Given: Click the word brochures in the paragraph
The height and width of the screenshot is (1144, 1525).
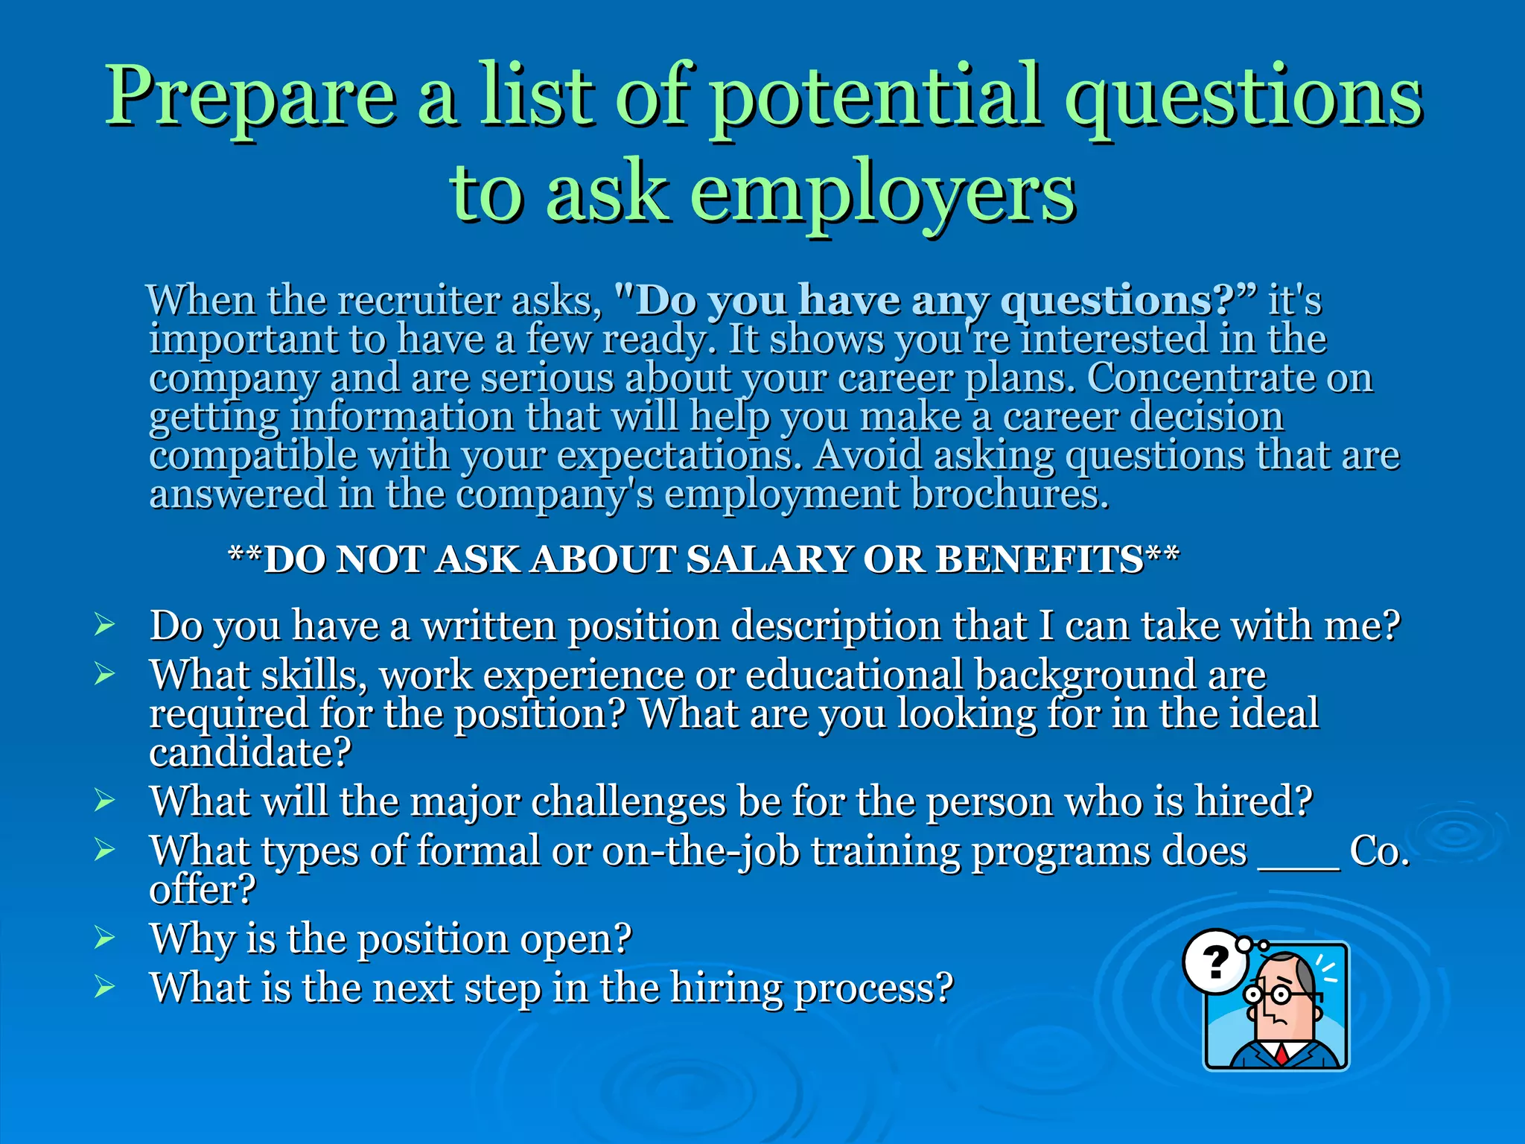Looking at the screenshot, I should [x=1009, y=494].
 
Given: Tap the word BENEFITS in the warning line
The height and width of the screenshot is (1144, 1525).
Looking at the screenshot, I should [x=1039, y=559].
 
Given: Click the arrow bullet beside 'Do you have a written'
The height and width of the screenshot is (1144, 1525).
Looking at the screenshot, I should [x=104, y=624].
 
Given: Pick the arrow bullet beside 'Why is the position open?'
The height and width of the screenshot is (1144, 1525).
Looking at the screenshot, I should [x=104, y=938].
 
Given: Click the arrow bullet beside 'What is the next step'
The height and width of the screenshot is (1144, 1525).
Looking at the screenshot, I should [x=104, y=987].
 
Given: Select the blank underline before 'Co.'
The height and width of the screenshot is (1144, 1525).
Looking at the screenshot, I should [x=1298, y=864].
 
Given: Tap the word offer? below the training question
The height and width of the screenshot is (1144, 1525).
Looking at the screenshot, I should [x=202, y=889].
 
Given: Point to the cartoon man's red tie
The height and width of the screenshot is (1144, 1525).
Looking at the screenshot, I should [x=1281, y=1054].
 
